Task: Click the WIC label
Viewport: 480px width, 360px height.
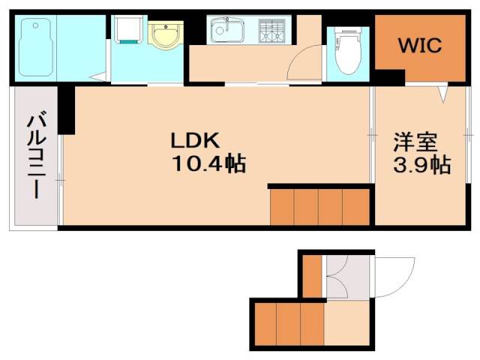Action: [420, 45]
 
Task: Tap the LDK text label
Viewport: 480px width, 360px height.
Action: [195, 140]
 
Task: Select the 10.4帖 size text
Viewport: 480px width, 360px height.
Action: [209, 163]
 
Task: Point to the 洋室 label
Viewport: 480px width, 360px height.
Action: [415, 142]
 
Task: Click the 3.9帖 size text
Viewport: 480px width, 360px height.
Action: [421, 165]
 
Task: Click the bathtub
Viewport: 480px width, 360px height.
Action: [35, 47]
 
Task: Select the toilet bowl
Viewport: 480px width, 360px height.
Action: [347, 51]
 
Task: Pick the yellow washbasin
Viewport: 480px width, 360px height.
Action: [166, 35]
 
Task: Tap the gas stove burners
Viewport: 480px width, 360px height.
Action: [271, 31]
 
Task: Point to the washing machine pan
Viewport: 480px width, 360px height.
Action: [128, 28]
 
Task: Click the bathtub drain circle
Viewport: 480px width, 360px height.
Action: [36, 25]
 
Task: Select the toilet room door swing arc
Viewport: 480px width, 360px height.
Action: [300, 58]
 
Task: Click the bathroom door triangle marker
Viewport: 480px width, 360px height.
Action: [98, 77]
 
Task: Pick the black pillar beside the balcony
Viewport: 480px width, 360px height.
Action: [67, 110]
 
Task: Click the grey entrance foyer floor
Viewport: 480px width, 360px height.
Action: [348, 277]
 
